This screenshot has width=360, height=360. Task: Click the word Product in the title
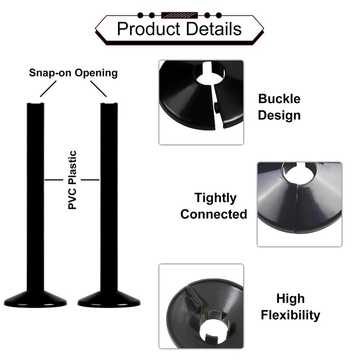tap(149, 29)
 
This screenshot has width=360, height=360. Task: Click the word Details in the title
tap(214, 29)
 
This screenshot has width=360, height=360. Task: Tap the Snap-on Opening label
tap(73, 73)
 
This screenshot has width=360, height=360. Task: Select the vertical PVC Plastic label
tap(72, 180)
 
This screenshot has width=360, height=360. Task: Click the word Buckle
tap(279, 99)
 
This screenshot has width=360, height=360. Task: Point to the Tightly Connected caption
tap(214, 206)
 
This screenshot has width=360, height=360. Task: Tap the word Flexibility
tap(290, 315)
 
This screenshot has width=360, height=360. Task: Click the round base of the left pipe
tap(36, 300)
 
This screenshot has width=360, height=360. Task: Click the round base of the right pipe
tap(109, 300)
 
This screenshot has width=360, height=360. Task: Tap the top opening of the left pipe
tap(36, 103)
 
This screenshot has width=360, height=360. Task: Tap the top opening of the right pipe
tap(109, 103)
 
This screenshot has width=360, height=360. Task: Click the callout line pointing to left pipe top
tap(48, 89)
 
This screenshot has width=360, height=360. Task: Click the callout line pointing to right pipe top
tap(98, 89)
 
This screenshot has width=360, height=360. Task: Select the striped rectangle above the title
tap(179, 15)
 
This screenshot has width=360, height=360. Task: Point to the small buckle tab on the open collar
tap(216, 107)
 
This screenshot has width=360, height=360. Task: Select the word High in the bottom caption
tap(290, 299)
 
